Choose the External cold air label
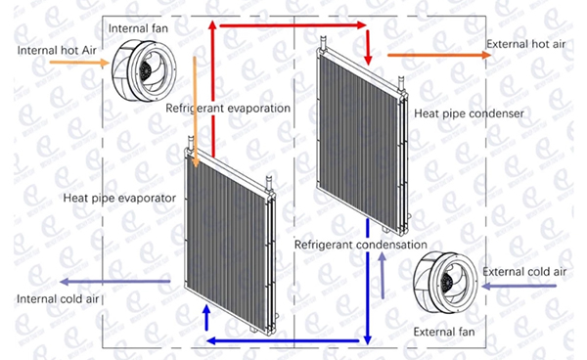point(525,271)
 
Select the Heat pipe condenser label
point(470,113)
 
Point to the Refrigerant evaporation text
point(228,108)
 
